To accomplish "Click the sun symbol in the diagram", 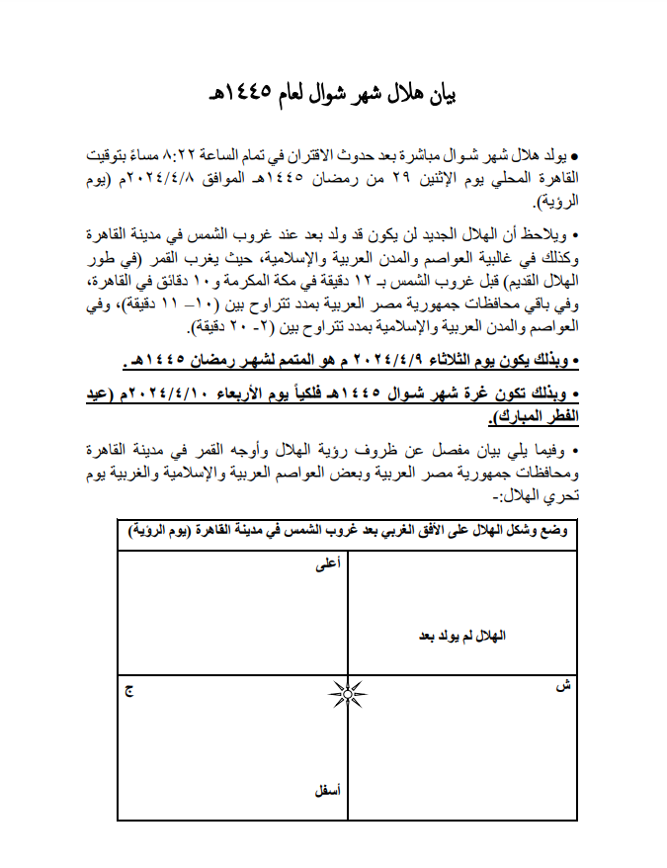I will (x=348, y=694).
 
